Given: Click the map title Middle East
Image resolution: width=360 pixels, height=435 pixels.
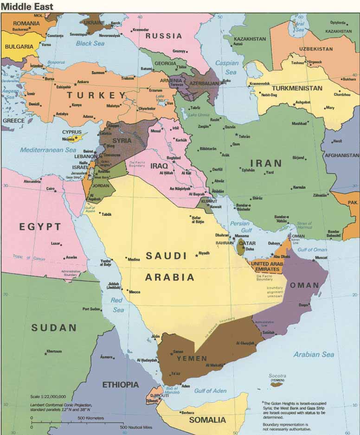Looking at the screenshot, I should pyautogui.click(x=27, y=6).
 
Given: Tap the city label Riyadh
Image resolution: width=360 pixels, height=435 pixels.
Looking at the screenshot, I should pyautogui.click(x=204, y=253).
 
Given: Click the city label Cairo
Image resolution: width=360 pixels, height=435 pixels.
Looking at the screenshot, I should pyautogui.click(x=51, y=189).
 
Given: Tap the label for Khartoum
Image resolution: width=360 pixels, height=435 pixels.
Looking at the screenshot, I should pyautogui.click(x=54, y=351).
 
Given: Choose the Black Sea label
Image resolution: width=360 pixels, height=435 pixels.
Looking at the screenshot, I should pyautogui.click(x=90, y=43).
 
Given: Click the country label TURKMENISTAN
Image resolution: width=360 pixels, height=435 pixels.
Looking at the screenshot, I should pyautogui.click(x=297, y=88).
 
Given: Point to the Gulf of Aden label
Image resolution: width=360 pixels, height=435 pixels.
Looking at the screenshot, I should pyautogui.click(x=210, y=391).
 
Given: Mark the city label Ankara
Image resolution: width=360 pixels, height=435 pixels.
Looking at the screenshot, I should pyautogui.click(x=83, y=82).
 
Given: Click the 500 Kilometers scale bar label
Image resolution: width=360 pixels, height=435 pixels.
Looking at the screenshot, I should pyautogui.click(x=91, y=418).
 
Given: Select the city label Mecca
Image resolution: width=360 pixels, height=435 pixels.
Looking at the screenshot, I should pyautogui.click(x=135, y=292).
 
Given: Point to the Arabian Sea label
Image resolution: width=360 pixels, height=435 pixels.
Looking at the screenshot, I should pyautogui.click(x=314, y=354).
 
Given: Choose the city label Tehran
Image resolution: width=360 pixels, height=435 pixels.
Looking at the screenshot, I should pyautogui.click(x=244, y=136).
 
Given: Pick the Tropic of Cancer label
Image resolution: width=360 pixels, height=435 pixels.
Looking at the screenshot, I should pyautogui.click(x=29, y=258).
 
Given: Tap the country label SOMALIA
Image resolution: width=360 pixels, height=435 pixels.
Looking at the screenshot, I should pyautogui.click(x=207, y=420).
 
